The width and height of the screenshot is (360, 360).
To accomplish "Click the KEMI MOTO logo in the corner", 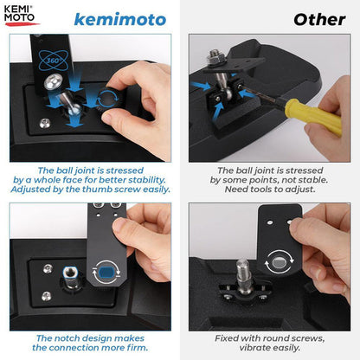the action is pos(21,16).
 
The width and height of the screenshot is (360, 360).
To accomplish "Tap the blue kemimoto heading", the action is pos(120,20).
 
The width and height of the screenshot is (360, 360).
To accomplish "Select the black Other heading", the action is pos(319,20).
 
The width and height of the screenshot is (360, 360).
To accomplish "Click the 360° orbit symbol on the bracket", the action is pos(54,60).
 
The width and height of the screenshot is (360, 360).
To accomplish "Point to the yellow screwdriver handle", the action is pos(314,116).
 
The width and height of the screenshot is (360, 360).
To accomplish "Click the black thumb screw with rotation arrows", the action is pos(108,98).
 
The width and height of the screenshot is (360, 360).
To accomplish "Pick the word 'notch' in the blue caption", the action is pos(66,338).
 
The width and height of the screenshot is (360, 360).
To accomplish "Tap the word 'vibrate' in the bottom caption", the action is pos(255,348).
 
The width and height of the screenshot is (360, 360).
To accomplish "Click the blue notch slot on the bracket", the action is pos(106,273).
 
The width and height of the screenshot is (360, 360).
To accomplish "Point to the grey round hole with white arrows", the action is pos(279,262).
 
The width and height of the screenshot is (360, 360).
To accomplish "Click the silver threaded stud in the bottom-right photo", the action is pos(243,275).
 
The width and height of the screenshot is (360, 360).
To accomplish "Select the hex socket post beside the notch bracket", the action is pos(70,277).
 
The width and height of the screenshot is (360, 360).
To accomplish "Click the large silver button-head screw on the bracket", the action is pos(54,82).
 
